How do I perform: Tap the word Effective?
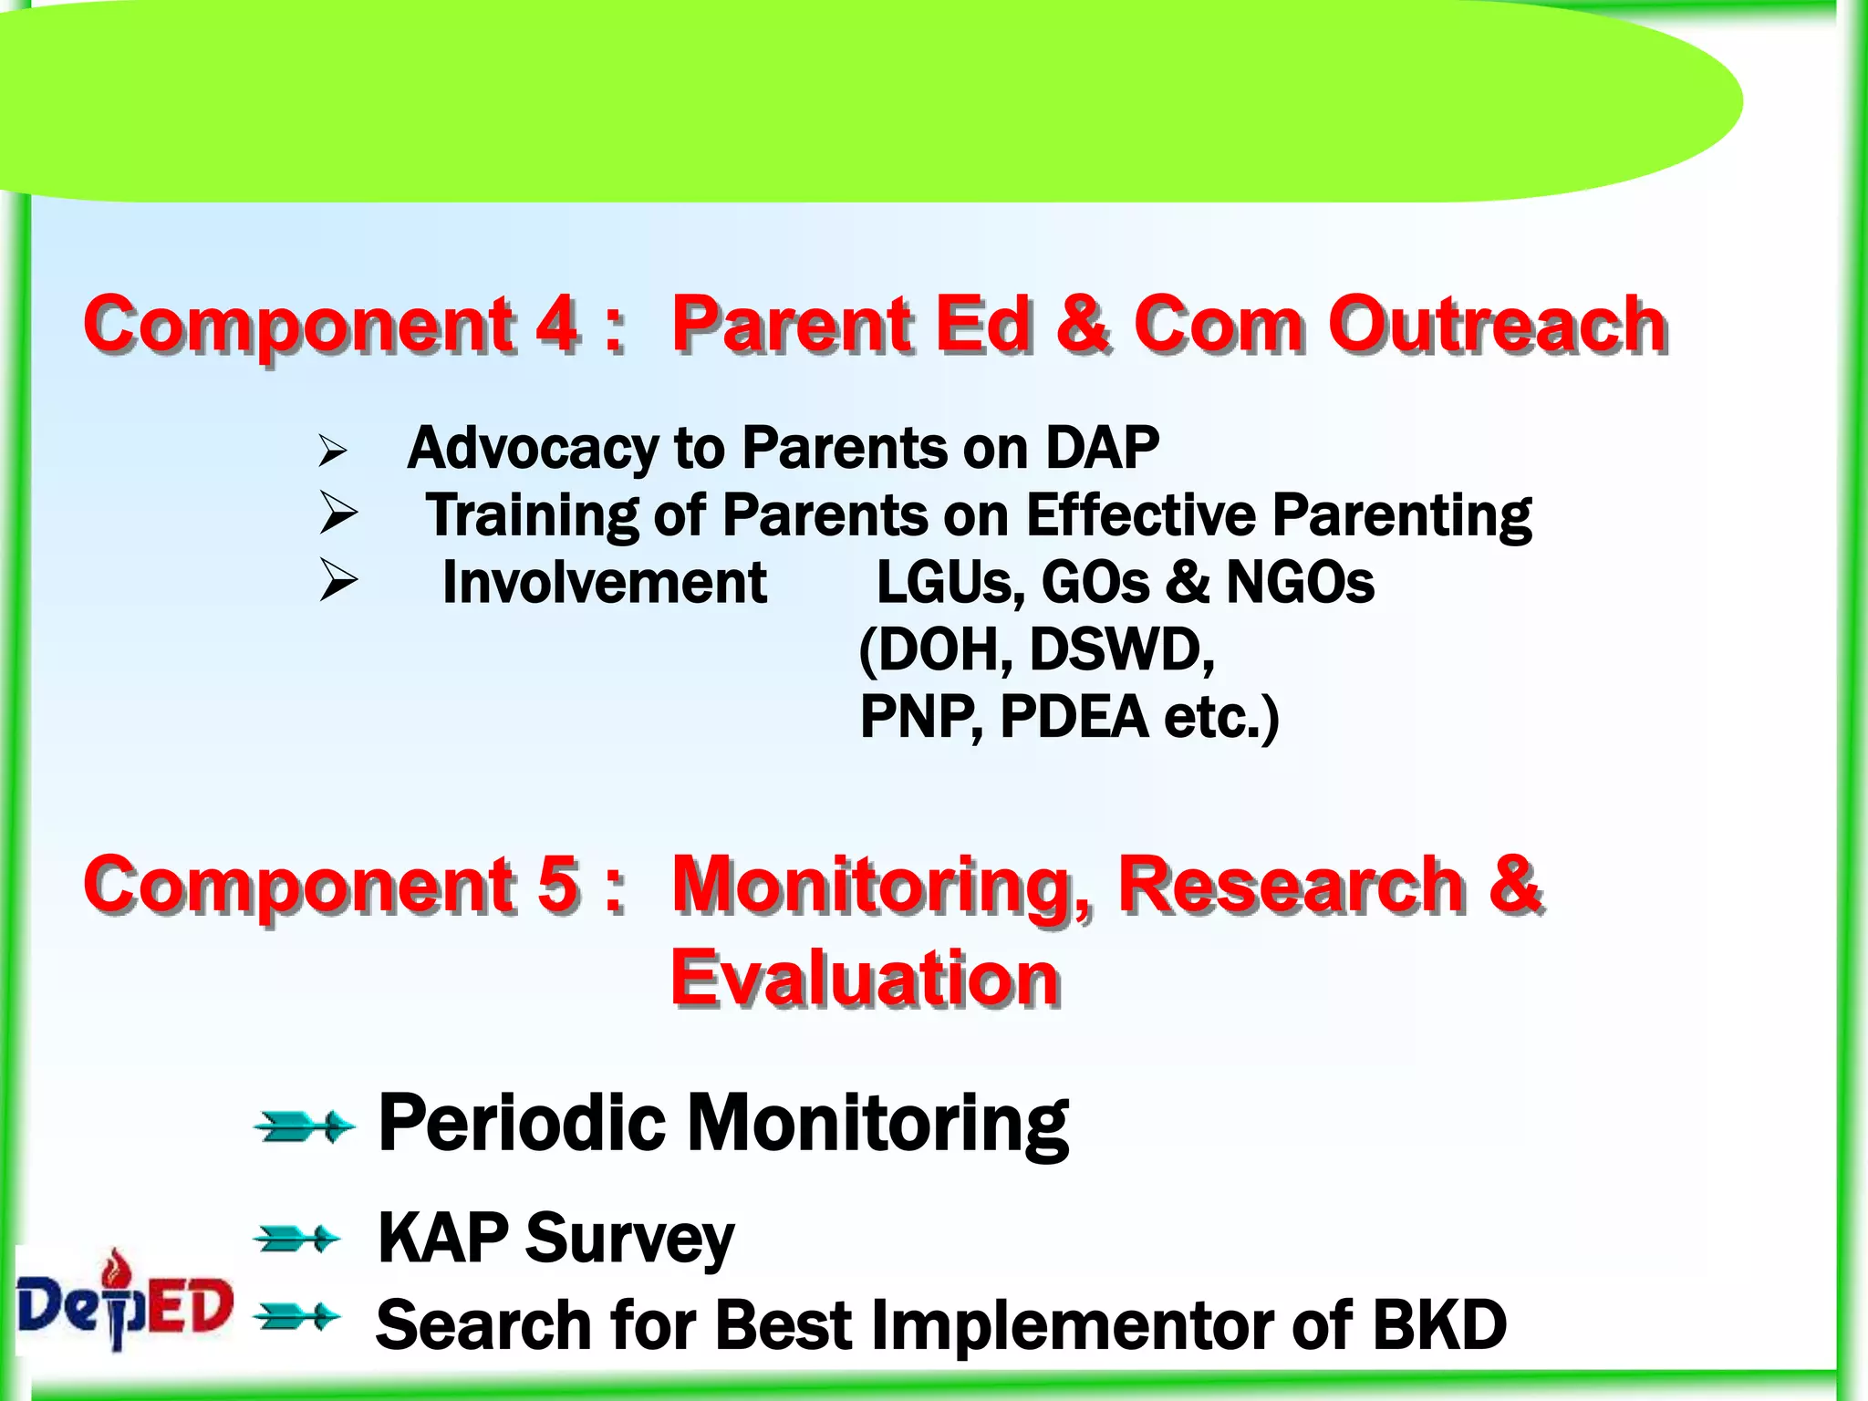(x=1141, y=514)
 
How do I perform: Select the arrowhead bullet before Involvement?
(x=337, y=580)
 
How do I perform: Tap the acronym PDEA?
(x=1074, y=717)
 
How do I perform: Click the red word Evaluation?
(x=865, y=978)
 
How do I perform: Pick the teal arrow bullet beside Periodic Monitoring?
(x=304, y=1126)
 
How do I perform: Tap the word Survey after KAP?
(x=629, y=1239)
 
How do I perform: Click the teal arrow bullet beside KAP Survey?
(x=297, y=1240)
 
